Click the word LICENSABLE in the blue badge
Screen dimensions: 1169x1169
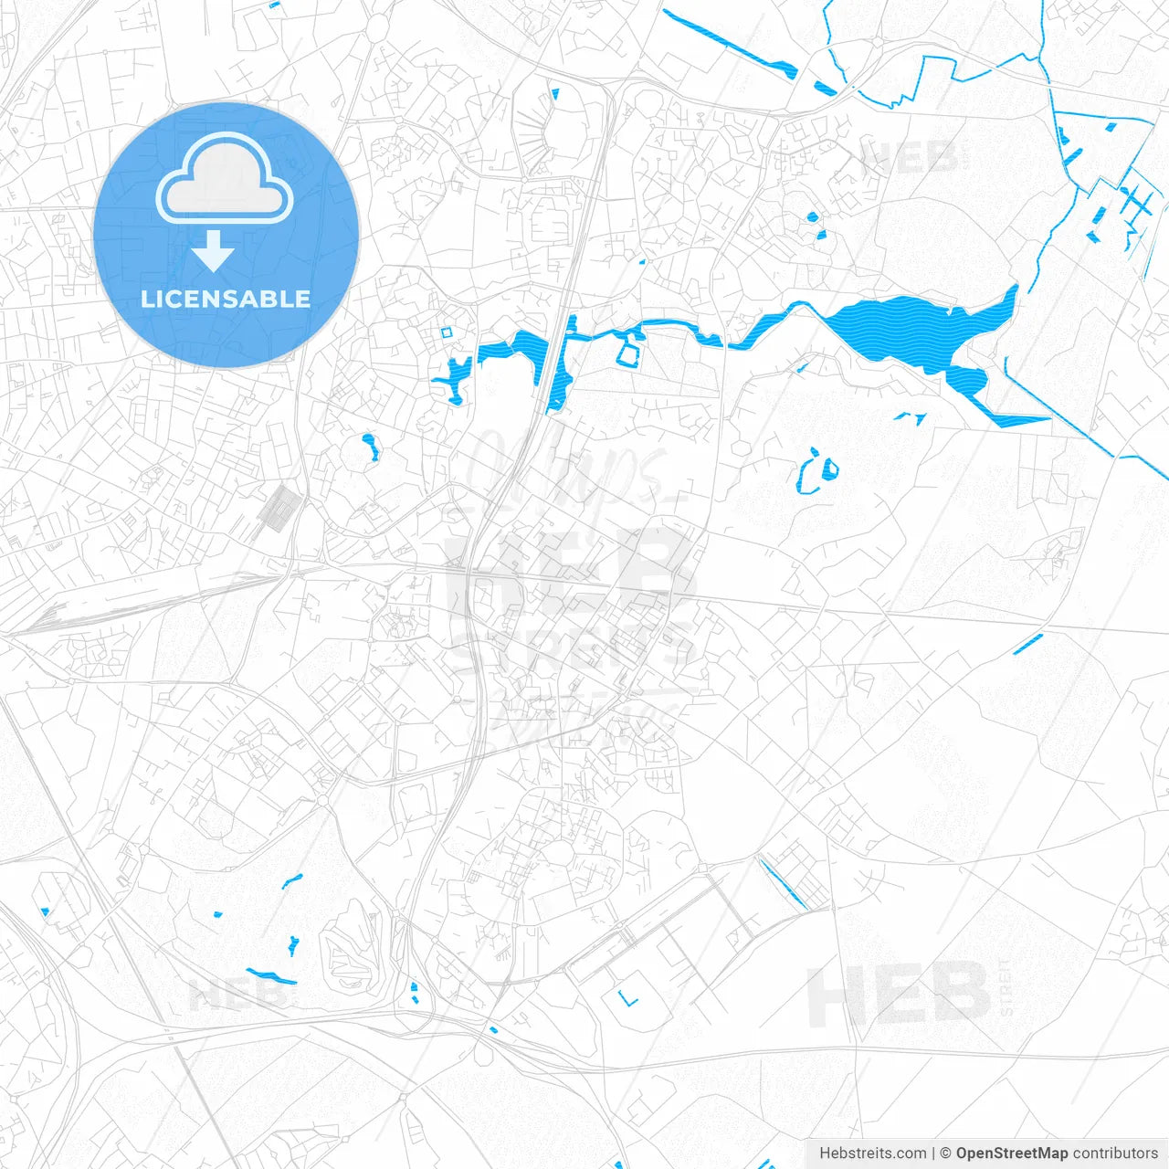pyautogui.click(x=226, y=300)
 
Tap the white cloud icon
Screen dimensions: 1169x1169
pyautogui.click(x=225, y=180)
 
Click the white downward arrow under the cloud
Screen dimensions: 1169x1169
pyautogui.click(x=213, y=252)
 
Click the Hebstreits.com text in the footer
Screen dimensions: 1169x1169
pyautogui.click(x=872, y=1153)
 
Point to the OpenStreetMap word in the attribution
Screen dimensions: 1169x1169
pyautogui.click(x=1011, y=1153)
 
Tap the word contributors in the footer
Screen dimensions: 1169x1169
pyautogui.click(x=1115, y=1153)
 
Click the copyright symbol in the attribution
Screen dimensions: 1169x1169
pyautogui.click(x=945, y=1153)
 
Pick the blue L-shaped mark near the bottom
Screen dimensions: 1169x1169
pyautogui.click(x=627, y=998)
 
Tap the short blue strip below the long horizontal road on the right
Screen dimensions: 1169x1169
pyautogui.click(x=1027, y=644)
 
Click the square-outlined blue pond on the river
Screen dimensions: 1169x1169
pyautogui.click(x=629, y=350)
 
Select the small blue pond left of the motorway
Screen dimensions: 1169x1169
pyautogui.click(x=371, y=448)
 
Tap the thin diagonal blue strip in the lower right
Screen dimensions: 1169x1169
pyautogui.click(x=782, y=883)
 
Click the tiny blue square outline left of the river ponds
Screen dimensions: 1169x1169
pyautogui.click(x=447, y=332)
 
